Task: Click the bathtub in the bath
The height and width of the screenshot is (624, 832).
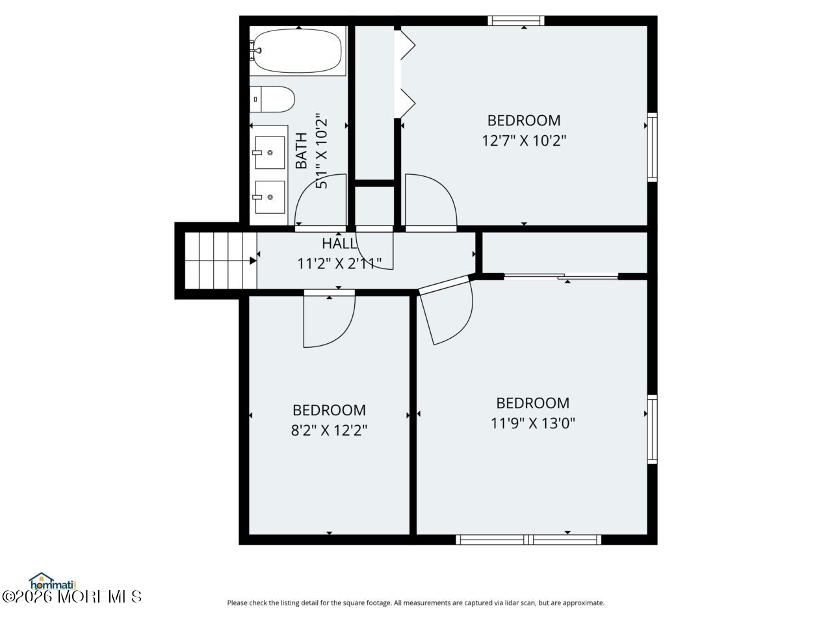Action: (x=298, y=51)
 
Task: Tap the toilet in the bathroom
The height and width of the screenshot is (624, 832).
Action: (x=272, y=99)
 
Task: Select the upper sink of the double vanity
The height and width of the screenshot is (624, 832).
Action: (x=270, y=153)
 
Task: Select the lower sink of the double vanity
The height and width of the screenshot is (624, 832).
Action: (x=270, y=197)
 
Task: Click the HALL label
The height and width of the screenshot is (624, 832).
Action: (x=339, y=244)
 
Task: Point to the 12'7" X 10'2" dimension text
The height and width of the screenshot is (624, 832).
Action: (x=524, y=141)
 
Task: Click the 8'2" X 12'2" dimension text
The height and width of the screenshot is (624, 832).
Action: (x=329, y=430)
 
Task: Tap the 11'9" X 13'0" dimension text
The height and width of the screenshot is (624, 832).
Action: (x=532, y=422)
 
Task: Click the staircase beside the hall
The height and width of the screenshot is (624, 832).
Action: (x=220, y=261)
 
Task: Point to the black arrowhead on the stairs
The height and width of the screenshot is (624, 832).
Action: (x=253, y=261)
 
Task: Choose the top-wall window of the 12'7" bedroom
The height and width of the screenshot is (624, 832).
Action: (x=516, y=20)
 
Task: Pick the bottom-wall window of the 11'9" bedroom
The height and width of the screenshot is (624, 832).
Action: (x=528, y=539)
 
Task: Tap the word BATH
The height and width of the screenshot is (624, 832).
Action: (x=302, y=151)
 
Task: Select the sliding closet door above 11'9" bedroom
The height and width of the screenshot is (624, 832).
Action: (x=561, y=277)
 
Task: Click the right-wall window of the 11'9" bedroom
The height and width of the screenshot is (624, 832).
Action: (x=652, y=429)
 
